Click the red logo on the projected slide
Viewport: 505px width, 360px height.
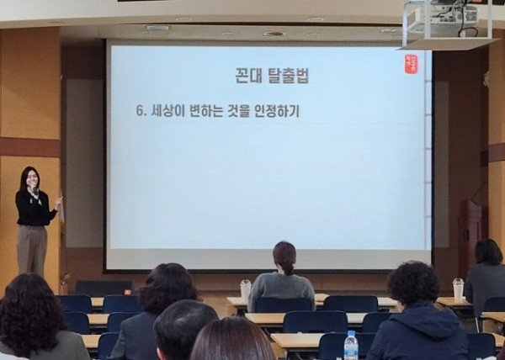tap(411, 63)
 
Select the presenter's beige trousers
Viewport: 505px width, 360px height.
tap(32, 250)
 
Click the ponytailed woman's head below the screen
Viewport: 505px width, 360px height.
tap(284, 256)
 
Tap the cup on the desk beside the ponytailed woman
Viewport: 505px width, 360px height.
tap(246, 289)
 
